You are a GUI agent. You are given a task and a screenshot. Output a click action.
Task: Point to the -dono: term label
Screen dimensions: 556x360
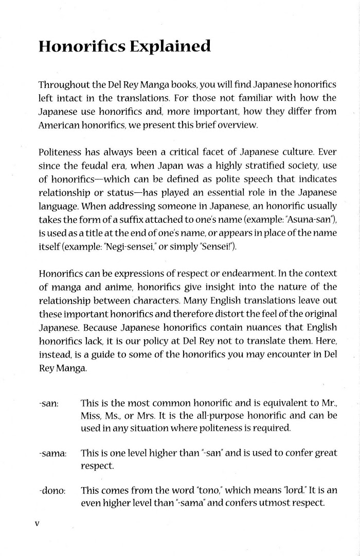point(52,491)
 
